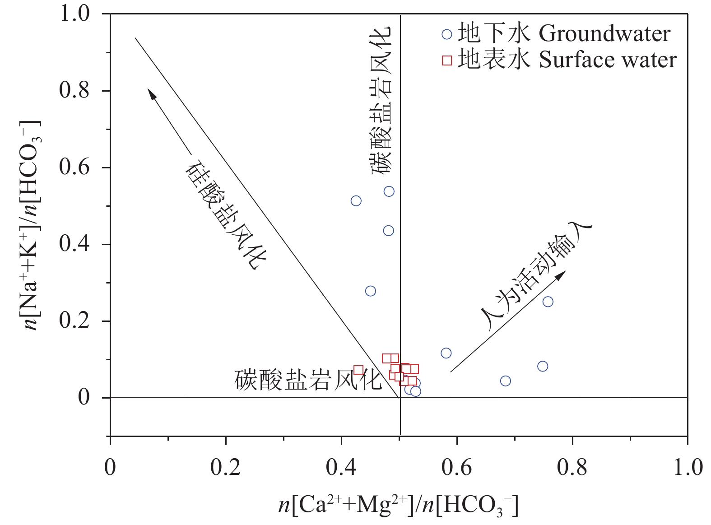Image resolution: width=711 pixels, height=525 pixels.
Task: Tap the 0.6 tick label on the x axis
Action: pyautogui.click(x=456, y=467)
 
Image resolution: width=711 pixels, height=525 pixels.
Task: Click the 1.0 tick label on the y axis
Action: pyautogui.click(x=74, y=14)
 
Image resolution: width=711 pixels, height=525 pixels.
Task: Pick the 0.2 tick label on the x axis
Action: pyautogui.click(x=225, y=467)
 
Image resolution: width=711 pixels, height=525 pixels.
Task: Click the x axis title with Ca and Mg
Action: pyautogui.click(x=398, y=505)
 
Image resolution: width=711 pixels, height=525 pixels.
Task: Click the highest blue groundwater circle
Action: pyautogui.click(x=389, y=191)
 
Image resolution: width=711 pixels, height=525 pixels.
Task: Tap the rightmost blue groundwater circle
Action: pyautogui.click(x=548, y=302)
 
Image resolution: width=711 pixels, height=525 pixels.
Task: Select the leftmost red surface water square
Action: pyautogui.click(x=358, y=370)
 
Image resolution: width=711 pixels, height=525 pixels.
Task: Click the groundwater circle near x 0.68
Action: pyautogui.click(x=506, y=381)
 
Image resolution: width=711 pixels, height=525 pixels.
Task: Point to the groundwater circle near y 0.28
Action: pyautogui.click(x=370, y=291)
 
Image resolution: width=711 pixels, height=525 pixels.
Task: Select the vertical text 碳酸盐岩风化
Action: pyautogui.click(x=381, y=100)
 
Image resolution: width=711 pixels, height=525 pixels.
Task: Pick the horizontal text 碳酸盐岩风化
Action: pyautogui.click(x=308, y=380)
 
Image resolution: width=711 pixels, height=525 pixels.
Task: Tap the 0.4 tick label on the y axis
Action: pyautogui.click(x=74, y=244)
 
